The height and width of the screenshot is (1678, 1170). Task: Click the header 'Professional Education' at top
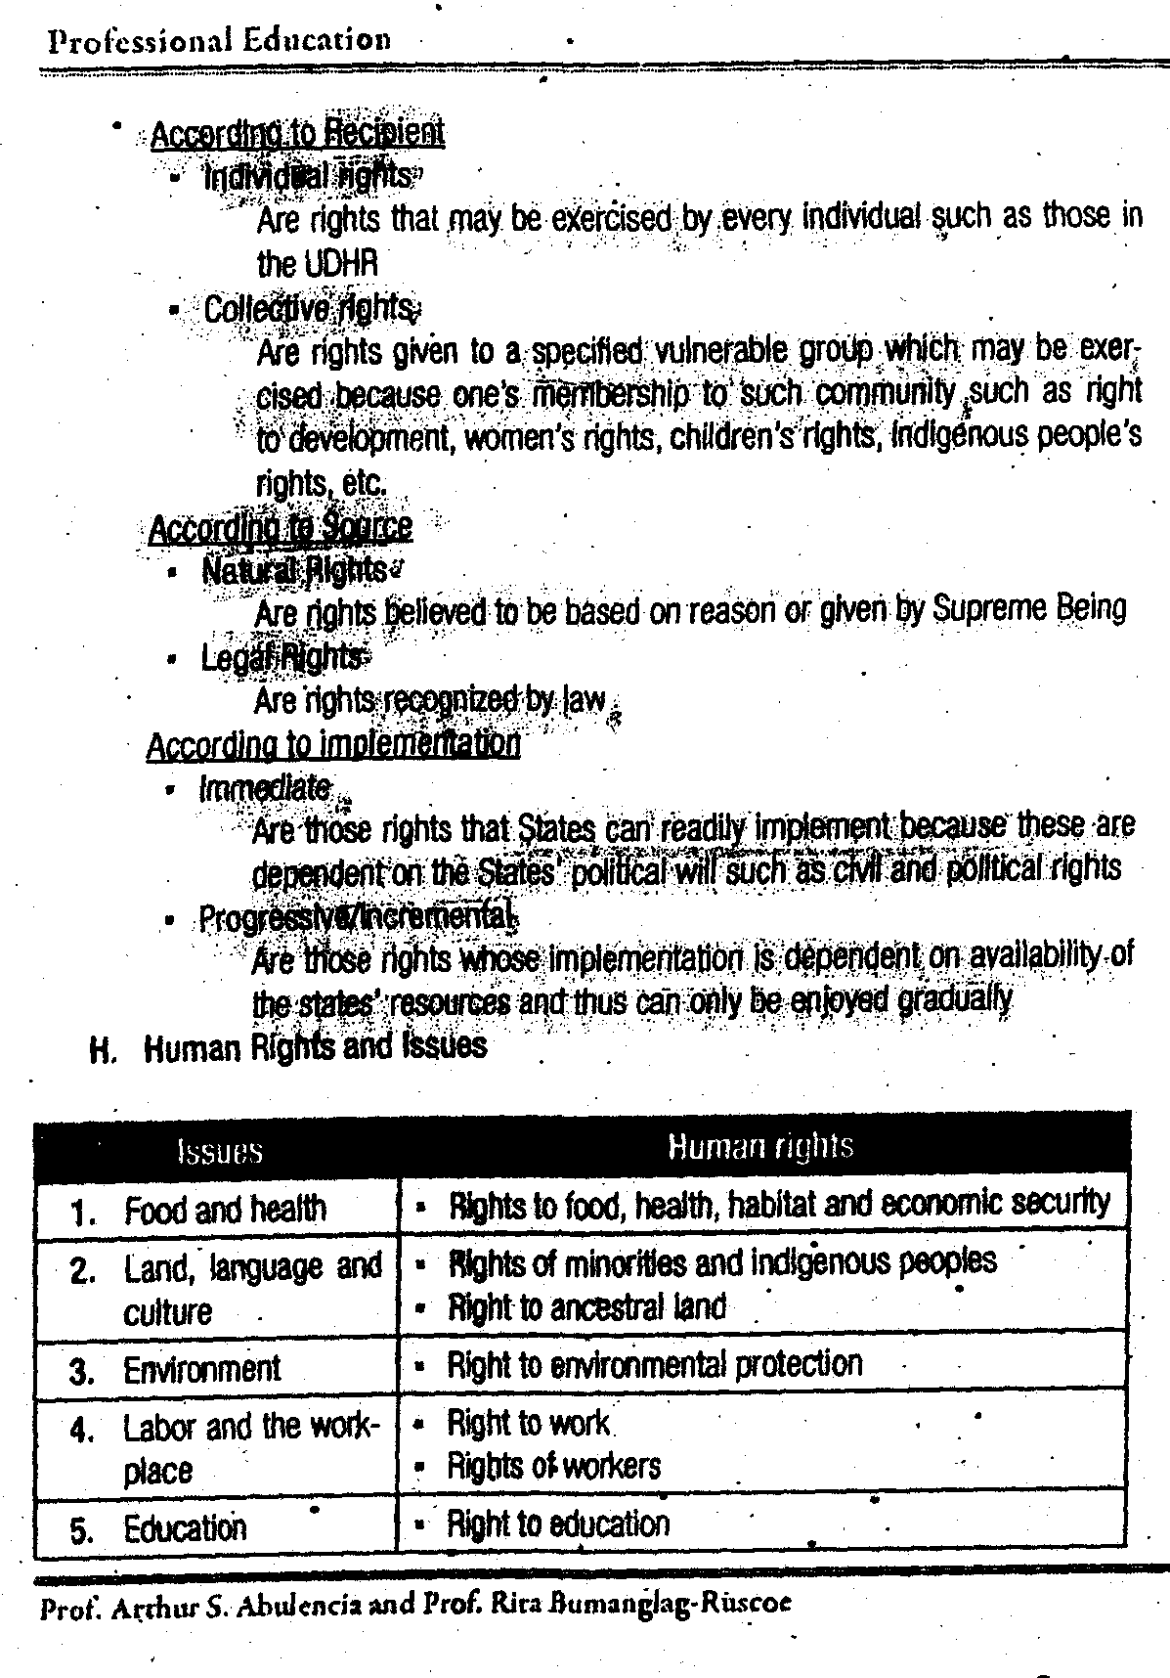click(220, 40)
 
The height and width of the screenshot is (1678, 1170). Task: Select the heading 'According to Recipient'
click(297, 132)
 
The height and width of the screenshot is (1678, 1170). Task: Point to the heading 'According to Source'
click(280, 528)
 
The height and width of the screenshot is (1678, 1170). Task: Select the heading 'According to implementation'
click(332, 744)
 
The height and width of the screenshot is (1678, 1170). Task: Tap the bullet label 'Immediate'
click(265, 787)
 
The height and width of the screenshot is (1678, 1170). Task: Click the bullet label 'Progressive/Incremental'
click(356, 917)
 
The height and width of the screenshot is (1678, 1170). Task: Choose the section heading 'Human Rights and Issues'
click(315, 1047)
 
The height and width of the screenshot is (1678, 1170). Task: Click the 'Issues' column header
click(220, 1151)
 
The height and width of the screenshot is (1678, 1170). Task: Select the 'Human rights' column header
click(760, 1146)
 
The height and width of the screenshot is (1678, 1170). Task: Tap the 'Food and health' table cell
click(225, 1210)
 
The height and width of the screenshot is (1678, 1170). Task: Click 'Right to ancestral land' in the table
click(586, 1307)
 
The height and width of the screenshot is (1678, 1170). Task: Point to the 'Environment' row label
click(201, 1369)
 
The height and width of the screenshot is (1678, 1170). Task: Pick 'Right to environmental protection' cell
click(654, 1364)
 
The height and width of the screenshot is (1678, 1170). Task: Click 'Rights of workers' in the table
click(553, 1466)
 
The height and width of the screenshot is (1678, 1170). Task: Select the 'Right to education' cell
click(558, 1523)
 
